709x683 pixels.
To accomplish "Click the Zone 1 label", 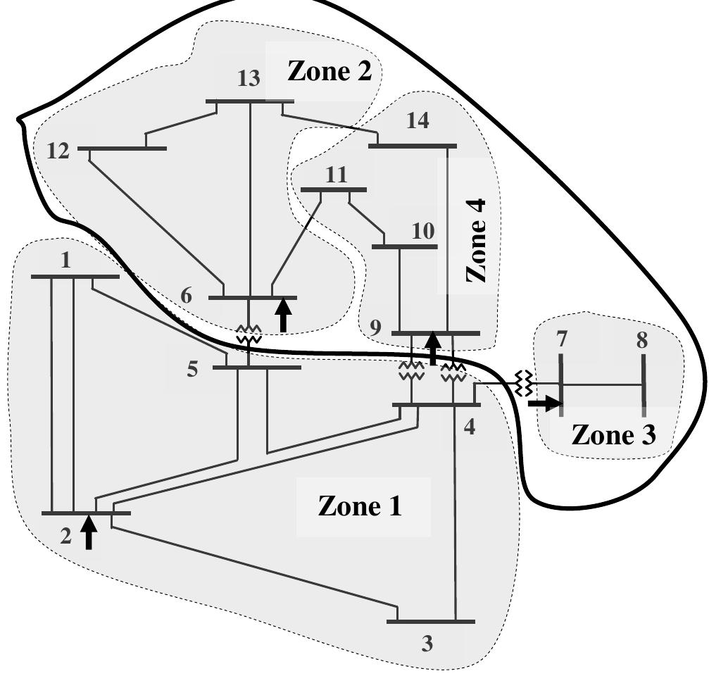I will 360,506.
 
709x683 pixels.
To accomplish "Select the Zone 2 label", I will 329,71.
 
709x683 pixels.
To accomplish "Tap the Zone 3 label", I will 613,434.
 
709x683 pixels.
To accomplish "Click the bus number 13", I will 248,79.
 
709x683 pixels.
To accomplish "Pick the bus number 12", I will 59,151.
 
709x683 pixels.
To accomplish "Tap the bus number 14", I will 417,120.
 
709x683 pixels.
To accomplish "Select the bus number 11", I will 336,175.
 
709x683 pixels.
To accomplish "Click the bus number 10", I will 422,231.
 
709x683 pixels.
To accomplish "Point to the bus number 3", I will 427,644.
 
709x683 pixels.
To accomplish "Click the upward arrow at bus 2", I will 88,532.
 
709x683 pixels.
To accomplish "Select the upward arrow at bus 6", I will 283,315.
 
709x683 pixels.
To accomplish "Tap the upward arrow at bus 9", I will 434,348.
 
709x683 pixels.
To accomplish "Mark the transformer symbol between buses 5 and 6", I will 249,334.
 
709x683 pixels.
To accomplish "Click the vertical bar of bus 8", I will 644,384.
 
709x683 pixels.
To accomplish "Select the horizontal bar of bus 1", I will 75,277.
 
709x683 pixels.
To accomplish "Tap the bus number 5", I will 193,369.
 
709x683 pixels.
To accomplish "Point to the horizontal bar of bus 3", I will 431,622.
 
